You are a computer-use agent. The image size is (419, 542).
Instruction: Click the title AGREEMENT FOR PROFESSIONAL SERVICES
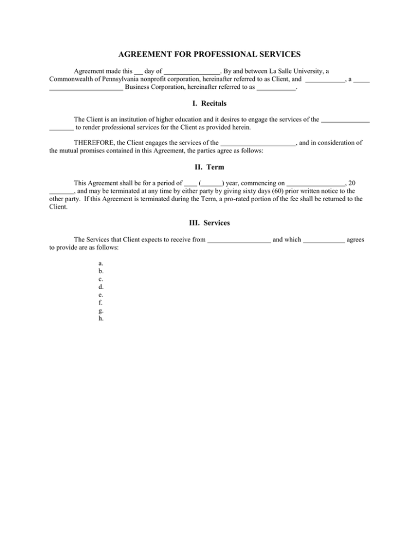pyautogui.click(x=209, y=54)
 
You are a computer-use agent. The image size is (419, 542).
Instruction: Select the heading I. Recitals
pyautogui.click(x=209, y=103)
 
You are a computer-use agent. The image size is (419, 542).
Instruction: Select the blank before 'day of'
pyautogui.click(x=139, y=71)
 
